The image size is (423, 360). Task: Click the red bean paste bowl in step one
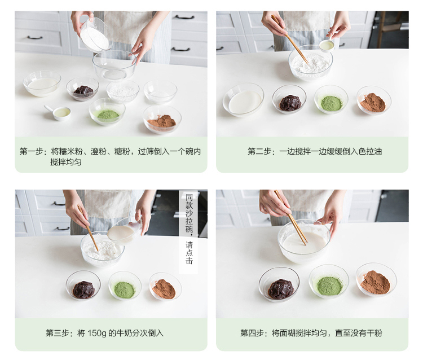coord(82,89)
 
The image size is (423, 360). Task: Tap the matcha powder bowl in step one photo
coord(107,111)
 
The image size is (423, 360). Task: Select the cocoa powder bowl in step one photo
coord(162,118)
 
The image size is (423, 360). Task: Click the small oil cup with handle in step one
coord(59,112)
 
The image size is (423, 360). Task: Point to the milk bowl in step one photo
coord(42,84)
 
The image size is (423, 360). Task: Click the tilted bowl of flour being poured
coord(95,35)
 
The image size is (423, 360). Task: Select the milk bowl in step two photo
coord(243,99)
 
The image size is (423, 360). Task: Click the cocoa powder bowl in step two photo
coord(373,100)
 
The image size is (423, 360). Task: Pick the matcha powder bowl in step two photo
coord(331,99)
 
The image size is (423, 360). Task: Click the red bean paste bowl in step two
coord(289,99)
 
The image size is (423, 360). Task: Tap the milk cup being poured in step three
coord(124,231)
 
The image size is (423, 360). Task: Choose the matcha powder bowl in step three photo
coord(125,286)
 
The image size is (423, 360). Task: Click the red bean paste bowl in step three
coord(83,286)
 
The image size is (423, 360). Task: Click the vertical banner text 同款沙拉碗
coord(189,213)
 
